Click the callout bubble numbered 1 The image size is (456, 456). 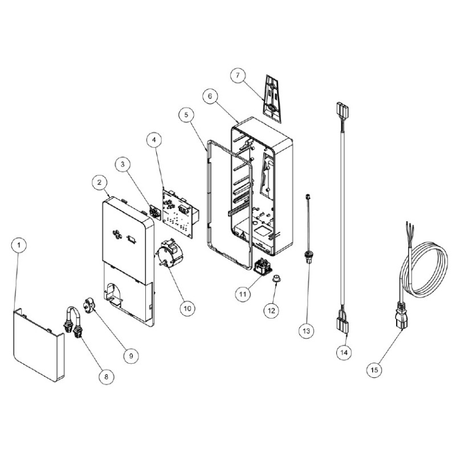pos(19,245)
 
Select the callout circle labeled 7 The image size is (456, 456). pos(238,75)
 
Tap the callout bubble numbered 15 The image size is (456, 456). pos(374,369)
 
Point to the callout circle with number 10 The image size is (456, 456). pos(188,308)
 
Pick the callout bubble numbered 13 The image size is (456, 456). pos(307,331)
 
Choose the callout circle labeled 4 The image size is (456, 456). pos(154,140)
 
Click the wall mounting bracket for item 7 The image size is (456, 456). pos(274,99)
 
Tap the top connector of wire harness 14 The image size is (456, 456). pos(343,109)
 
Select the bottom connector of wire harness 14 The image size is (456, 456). pos(343,325)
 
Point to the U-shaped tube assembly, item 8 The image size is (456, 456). pos(73,323)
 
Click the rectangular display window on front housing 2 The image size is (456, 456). pos(132,239)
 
